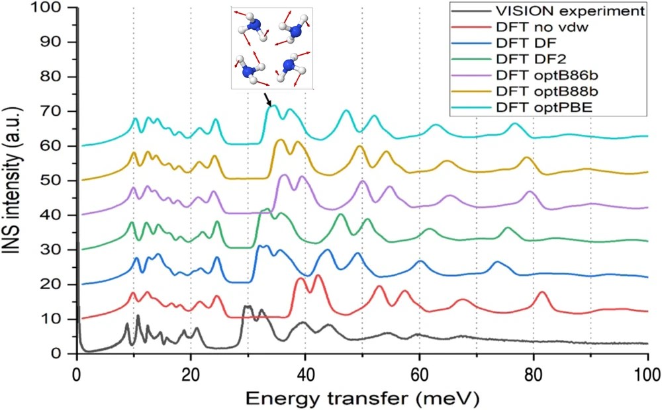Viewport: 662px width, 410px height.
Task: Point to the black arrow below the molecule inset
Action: click(x=267, y=100)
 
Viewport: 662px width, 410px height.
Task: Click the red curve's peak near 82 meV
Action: click(x=542, y=292)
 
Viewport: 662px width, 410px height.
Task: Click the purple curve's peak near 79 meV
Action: click(x=530, y=192)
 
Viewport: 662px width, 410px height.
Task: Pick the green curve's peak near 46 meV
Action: click(x=341, y=214)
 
